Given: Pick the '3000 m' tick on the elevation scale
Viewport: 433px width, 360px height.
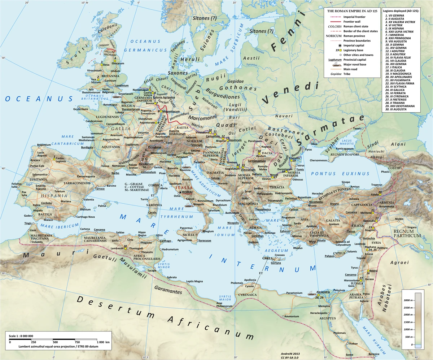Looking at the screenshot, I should [407, 300].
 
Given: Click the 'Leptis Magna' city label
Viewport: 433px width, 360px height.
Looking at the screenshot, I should [195, 281].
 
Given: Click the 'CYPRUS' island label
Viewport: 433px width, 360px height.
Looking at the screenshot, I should [339, 253].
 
